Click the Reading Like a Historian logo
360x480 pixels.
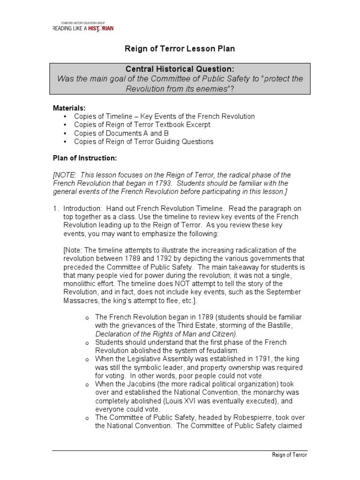[82, 27]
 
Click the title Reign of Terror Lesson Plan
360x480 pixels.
[179, 48]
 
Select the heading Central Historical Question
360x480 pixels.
[180, 69]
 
